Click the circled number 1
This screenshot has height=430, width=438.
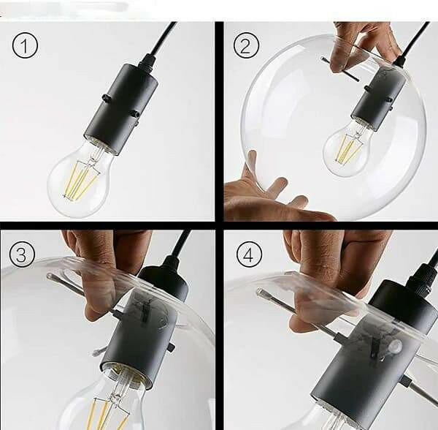[25, 45]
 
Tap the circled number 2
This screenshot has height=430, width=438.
[246, 45]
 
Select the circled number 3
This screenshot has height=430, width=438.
[22, 254]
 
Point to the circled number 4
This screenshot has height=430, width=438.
[249, 255]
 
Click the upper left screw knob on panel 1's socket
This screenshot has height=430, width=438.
[106, 98]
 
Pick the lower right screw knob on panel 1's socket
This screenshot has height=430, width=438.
[136, 114]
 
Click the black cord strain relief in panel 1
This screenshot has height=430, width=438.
[148, 61]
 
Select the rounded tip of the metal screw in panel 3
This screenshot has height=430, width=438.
[50, 277]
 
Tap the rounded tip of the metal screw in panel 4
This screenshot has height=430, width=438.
[262, 293]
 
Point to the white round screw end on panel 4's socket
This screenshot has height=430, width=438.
[395, 346]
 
